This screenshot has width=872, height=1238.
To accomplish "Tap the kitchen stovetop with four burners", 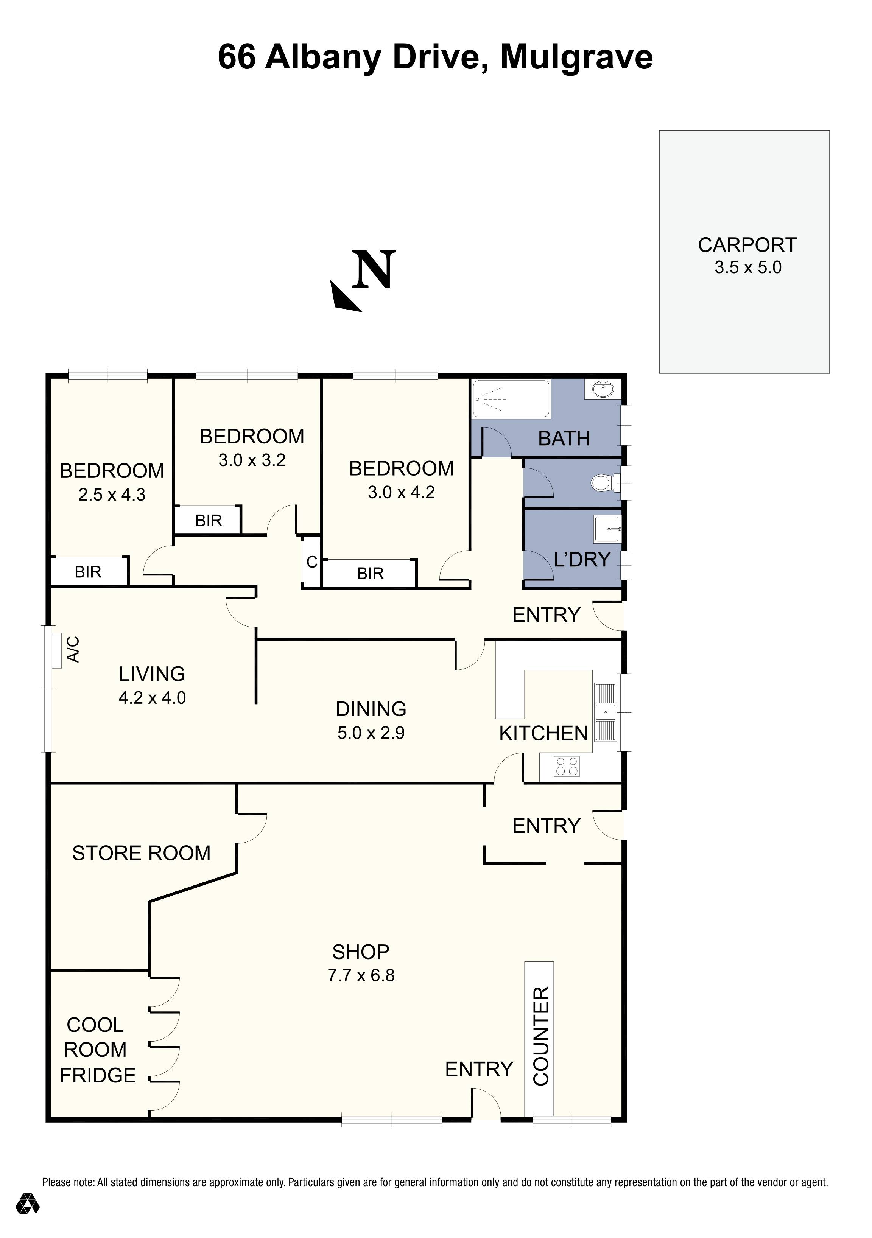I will [567, 766].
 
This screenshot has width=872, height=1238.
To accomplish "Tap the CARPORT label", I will [747, 245].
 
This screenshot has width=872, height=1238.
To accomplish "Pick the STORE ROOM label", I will [141, 853].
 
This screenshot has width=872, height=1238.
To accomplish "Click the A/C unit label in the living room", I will [73, 649].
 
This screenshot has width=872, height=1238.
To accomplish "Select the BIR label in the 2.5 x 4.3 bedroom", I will [88, 572].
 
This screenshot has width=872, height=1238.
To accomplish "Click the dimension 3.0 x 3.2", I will [252, 460].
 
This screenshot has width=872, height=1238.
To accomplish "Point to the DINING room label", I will [371, 709].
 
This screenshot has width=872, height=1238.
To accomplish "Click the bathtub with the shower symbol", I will [511, 399].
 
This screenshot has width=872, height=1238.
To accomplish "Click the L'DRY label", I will [582, 559].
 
